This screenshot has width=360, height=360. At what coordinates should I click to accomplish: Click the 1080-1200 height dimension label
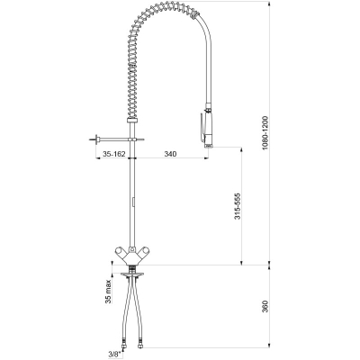pos(265,133)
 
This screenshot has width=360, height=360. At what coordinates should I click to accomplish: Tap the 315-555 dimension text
pos(238,206)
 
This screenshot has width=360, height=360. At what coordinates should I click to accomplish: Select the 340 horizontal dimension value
pos(170,154)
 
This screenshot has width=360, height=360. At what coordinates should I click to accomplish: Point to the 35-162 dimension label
pos(114,154)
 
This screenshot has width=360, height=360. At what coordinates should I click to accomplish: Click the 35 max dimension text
pos(108,291)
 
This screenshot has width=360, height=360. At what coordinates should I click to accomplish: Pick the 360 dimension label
pos(265,306)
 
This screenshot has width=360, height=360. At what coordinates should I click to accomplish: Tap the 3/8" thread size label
pos(115,354)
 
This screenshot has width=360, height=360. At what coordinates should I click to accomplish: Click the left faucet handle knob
pos(120,251)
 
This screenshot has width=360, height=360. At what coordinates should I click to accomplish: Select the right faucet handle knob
pos(144,251)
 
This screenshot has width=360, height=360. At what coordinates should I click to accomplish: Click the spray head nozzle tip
pos(209,146)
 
